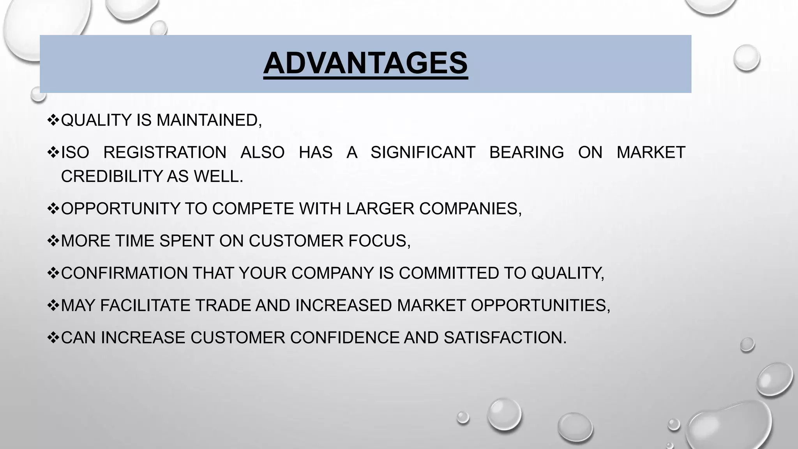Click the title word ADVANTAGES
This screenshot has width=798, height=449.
click(x=365, y=63)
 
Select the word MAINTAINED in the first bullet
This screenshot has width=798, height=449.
click(x=209, y=120)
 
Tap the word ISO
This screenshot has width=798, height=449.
click(x=75, y=152)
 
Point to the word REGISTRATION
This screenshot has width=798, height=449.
click(x=165, y=152)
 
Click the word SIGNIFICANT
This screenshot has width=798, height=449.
click(x=423, y=152)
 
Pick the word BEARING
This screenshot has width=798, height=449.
click(x=526, y=152)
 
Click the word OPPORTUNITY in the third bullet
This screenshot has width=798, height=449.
click(x=120, y=209)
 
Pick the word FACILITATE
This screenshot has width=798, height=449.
click(x=145, y=306)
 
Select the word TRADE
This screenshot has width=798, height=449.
click(x=223, y=306)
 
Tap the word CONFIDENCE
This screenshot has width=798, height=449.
click(x=345, y=338)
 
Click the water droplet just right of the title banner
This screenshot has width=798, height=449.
click(x=746, y=58)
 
